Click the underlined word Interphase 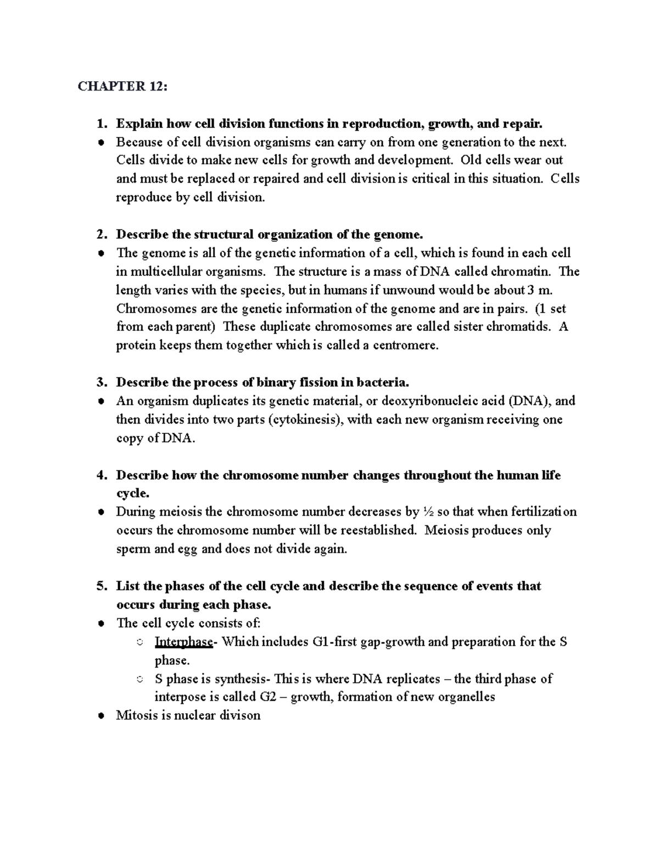point(183,642)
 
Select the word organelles point(467,697)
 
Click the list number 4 point(100,475)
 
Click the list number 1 point(100,123)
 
